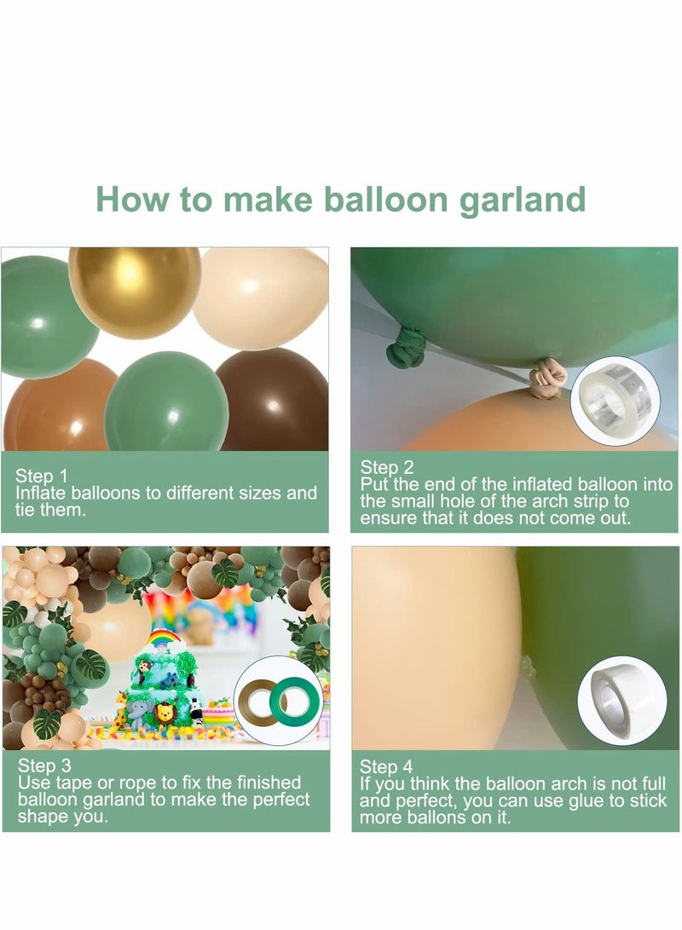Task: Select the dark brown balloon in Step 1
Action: (273, 401)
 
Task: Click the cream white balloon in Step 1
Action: (261, 297)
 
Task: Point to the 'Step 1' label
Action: (42, 476)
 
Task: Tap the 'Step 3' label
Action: (43, 765)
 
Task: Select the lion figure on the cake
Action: (163, 715)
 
